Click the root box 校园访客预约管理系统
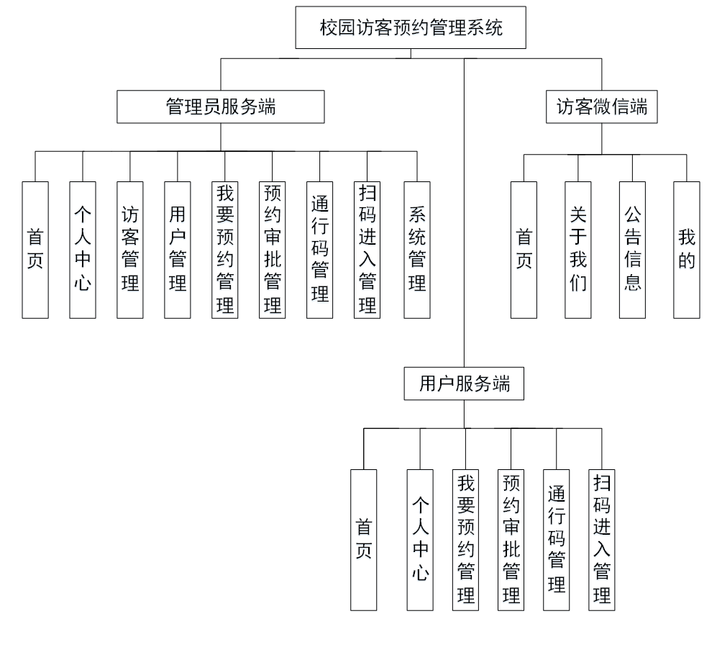[411, 28]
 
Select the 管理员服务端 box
[221, 107]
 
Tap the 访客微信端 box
[602, 107]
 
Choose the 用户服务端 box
[464, 384]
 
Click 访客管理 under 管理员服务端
[130, 249]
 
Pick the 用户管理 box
[178, 249]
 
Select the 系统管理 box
[416, 249]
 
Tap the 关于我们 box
[577, 249]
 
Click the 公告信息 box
[632, 249]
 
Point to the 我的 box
[687, 249]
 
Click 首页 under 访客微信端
[524, 249]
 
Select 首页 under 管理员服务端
[35, 249]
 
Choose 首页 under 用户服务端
[363, 539]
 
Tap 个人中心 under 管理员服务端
[83, 249]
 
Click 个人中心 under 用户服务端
[420, 539]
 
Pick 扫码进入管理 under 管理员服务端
[367, 249]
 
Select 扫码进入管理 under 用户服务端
[602, 539]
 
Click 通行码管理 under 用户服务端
[556, 539]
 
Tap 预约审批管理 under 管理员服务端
[272, 249]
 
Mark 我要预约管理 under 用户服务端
[465, 539]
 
